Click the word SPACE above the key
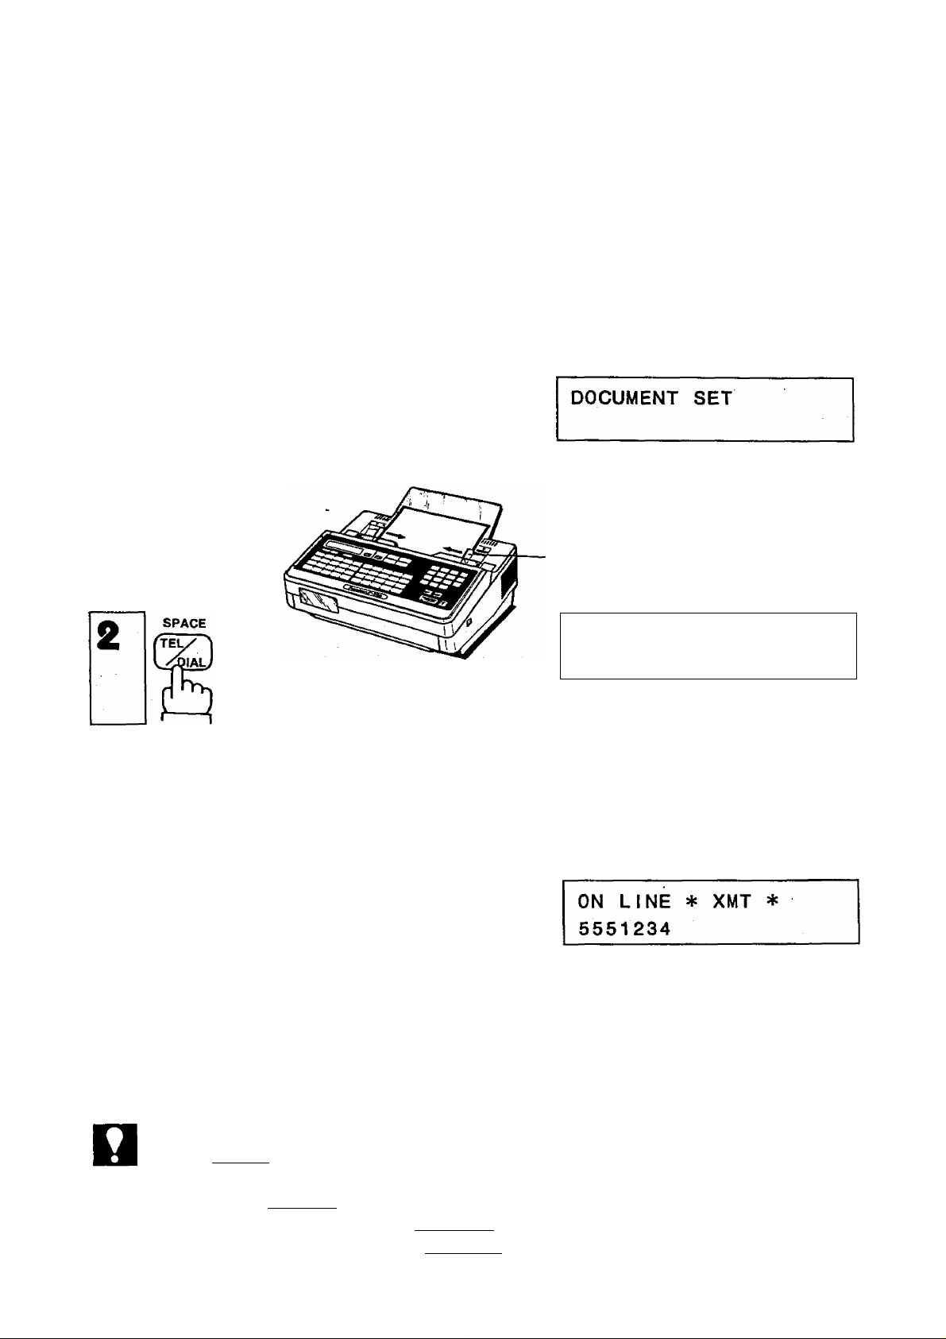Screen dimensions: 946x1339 [183, 624]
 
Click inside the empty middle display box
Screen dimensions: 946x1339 [708, 645]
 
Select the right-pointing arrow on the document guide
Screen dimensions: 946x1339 [399, 536]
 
